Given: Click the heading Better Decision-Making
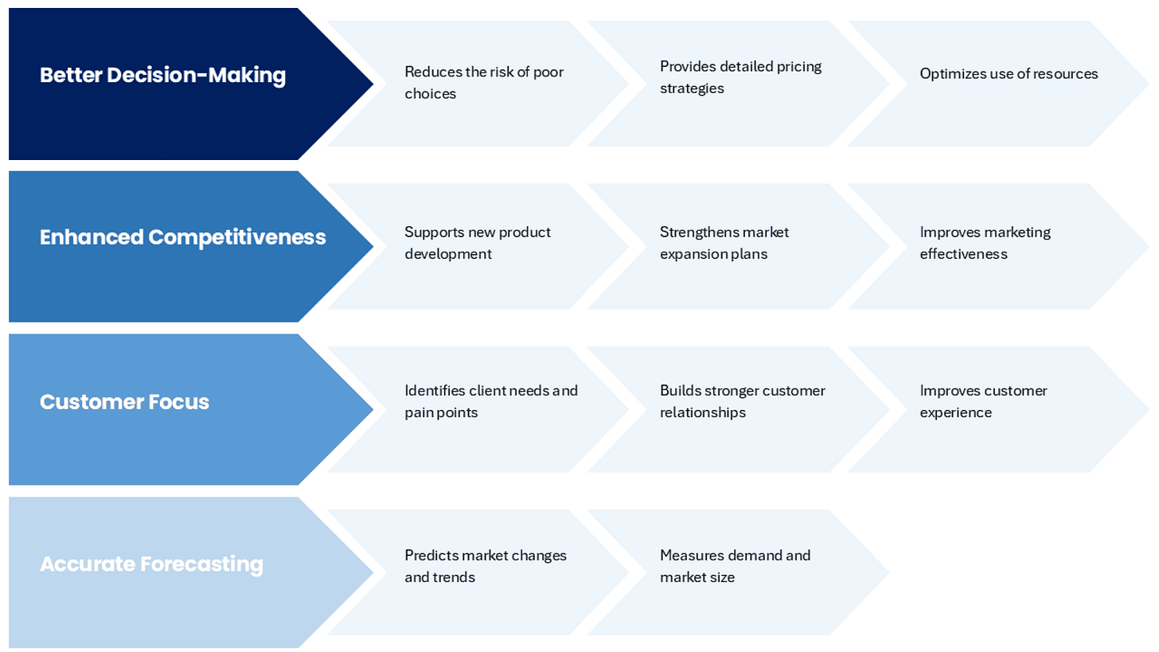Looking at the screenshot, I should (x=162, y=76).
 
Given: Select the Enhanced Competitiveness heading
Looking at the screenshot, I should (x=182, y=237).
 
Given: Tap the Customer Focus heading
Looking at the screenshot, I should (x=124, y=402).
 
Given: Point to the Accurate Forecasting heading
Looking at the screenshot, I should (x=151, y=564).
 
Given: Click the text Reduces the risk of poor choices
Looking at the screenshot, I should (x=483, y=83).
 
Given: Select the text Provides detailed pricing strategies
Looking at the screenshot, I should (x=740, y=77).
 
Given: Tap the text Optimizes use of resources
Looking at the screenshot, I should (x=1009, y=74).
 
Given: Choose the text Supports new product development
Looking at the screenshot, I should (x=478, y=243).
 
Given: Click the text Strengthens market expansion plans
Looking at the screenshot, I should (x=724, y=243).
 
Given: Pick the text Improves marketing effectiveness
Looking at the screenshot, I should (x=985, y=243).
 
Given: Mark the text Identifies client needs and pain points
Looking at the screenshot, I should (x=491, y=401).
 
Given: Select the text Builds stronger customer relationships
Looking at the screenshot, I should (x=743, y=401).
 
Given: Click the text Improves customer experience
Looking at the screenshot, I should (x=984, y=401).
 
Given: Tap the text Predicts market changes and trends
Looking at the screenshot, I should (x=486, y=566).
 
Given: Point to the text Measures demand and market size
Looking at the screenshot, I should (x=735, y=566).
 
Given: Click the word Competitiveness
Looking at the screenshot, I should (x=237, y=237).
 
